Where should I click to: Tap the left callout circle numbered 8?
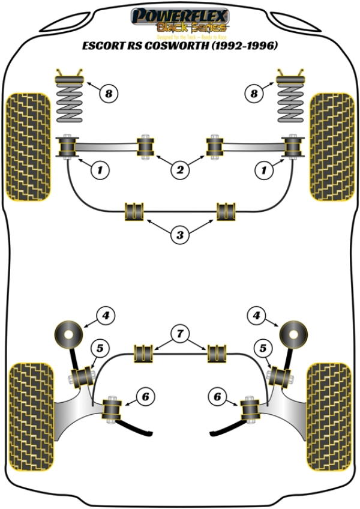coord(107,93)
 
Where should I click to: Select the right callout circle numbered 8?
coord(254,93)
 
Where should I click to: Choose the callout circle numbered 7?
coord(179,331)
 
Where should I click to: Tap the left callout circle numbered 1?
coord(100,171)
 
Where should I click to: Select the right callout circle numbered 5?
coord(262,347)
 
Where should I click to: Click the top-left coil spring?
coord(70,97)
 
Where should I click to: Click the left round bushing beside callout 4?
coord(70,333)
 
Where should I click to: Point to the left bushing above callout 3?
coord(134,211)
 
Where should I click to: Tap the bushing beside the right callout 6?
coord(249,409)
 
